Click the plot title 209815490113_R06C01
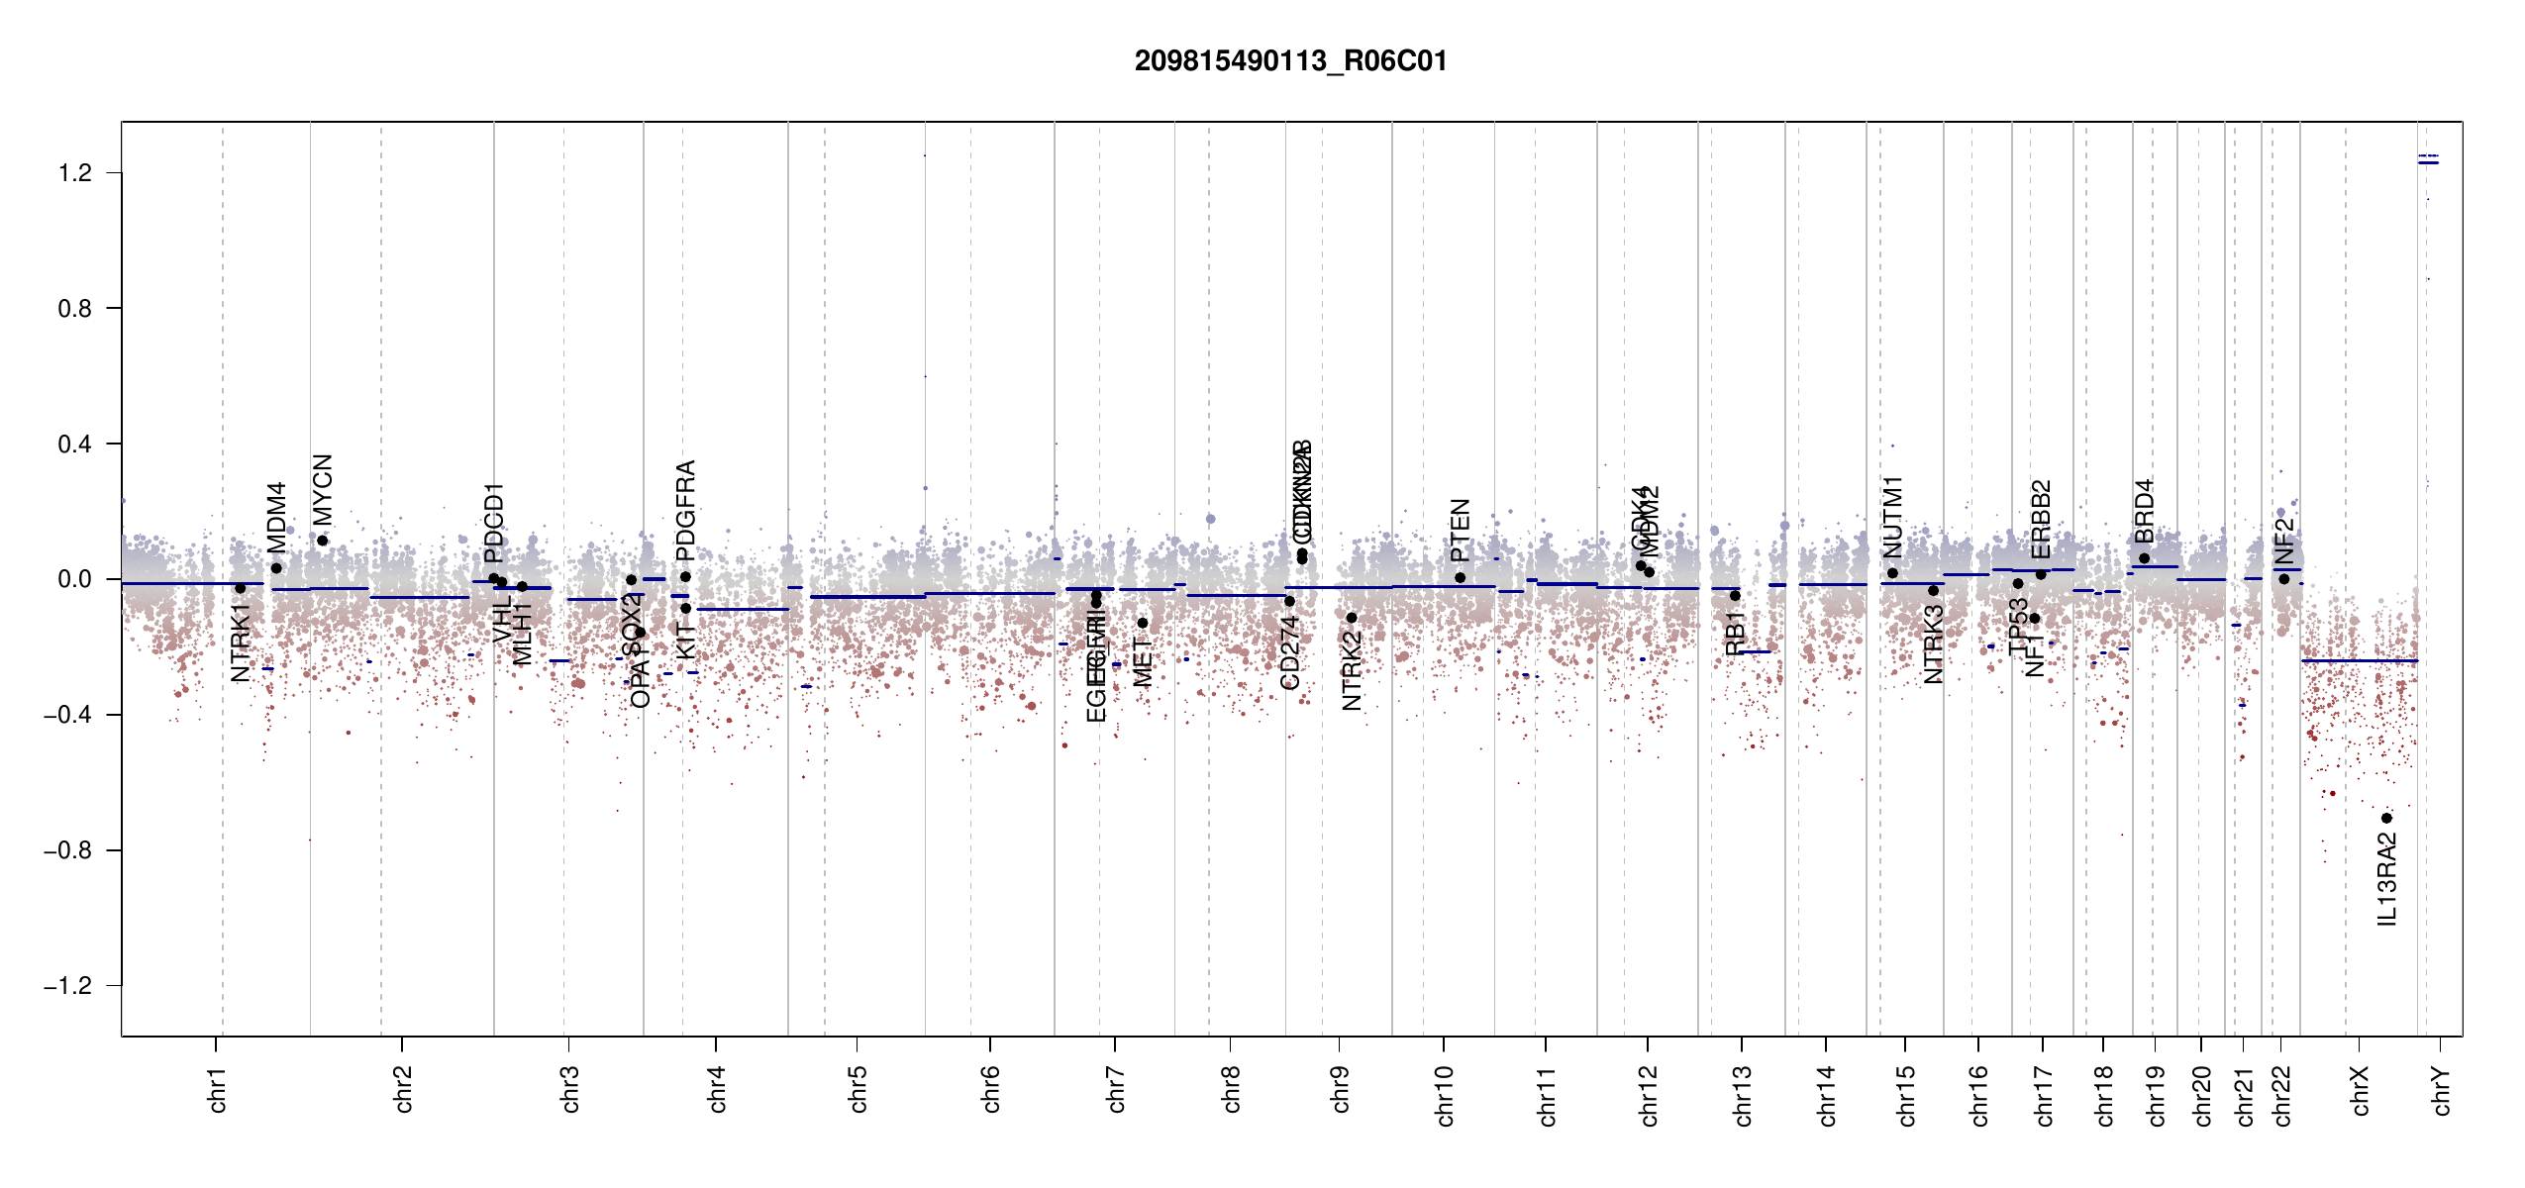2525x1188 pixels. pos(1290,61)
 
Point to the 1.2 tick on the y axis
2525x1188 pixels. pos(75,173)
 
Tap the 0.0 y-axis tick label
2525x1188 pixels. pos(75,579)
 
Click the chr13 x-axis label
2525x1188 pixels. pos(1743,1095)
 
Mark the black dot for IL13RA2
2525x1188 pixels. pos(2386,818)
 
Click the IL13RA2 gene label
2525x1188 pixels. pos(2387,879)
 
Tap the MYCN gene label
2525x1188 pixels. pos(323,489)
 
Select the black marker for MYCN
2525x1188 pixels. pos(323,541)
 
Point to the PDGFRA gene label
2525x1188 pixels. pos(685,510)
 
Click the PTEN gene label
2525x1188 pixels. pos(1460,530)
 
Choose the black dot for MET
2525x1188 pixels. pos(1142,623)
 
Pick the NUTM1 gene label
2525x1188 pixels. pos(1892,517)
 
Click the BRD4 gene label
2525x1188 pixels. pos(2144,511)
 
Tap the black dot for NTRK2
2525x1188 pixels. pos(1352,618)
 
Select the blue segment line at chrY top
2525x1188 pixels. pos(2428,162)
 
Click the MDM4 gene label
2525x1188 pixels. pos(276,517)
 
